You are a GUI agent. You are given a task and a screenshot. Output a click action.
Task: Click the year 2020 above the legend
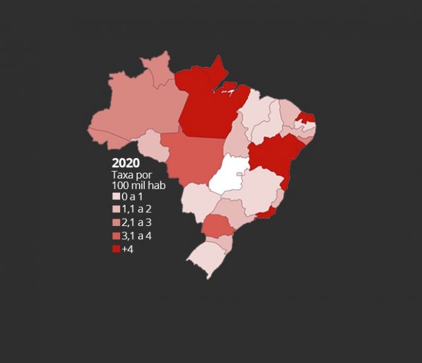126,163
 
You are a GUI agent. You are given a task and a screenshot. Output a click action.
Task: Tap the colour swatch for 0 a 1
116,197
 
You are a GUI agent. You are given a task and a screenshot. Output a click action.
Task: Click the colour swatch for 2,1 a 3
116,223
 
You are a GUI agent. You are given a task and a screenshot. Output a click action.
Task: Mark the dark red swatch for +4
116,249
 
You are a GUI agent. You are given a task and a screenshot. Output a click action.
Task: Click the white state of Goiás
227,173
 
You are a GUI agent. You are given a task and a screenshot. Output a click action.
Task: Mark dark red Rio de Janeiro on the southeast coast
266,213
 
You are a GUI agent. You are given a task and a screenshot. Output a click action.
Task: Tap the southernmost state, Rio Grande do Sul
206,258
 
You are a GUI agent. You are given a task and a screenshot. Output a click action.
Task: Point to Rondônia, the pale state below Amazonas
154,145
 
